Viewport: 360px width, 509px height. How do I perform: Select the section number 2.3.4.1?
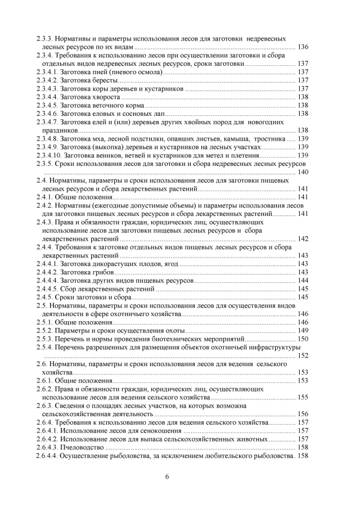pos(47,72)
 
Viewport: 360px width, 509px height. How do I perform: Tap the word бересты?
pos(103,80)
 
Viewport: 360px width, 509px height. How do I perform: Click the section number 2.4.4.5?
pos(47,289)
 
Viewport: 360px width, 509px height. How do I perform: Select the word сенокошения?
pos(155,430)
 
